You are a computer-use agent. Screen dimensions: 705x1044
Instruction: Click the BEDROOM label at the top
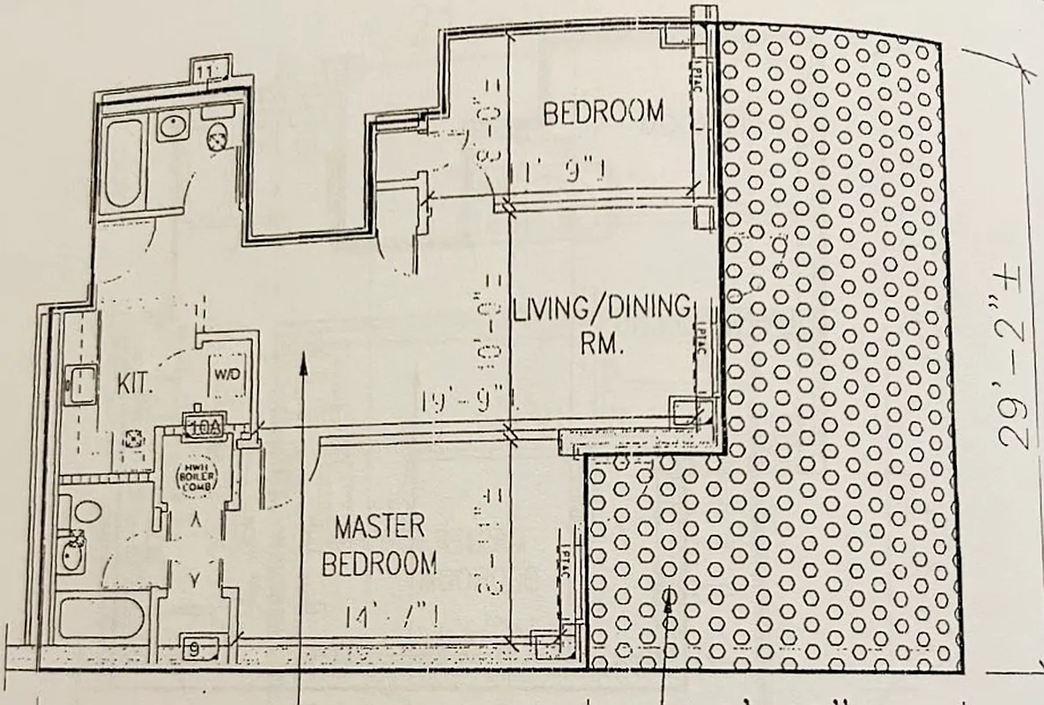(x=603, y=113)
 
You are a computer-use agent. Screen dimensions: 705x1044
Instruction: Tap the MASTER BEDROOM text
(x=379, y=545)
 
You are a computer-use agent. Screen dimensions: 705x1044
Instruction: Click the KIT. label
(x=137, y=385)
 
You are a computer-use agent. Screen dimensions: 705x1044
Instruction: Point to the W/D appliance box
(x=226, y=375)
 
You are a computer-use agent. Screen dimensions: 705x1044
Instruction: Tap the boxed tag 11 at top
(x=208, y=70)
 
